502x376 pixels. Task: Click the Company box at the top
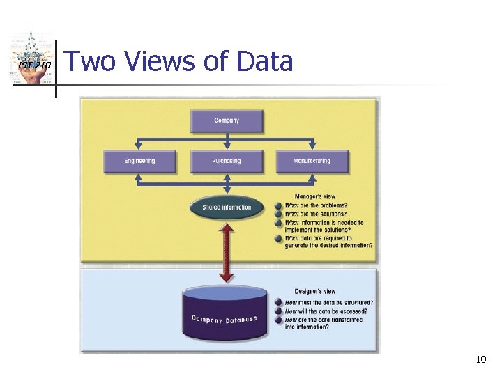tap(227, 120)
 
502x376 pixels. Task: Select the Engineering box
tap(140, 161)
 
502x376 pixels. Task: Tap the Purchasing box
tap(227, 161)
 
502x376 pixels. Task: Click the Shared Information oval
tap(227, 207)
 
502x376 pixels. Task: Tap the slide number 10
tap(480, 359)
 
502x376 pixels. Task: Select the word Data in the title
tap(265, 62)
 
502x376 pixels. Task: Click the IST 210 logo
tap(32, 61)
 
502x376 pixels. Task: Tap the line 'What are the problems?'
tap(316, 205)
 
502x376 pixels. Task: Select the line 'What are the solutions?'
tap(316, 214)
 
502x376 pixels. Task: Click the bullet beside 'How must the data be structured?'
tap(278, 302)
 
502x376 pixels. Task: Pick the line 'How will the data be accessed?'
tap(326, 311)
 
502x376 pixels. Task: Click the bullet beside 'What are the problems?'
tap(278, 205)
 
